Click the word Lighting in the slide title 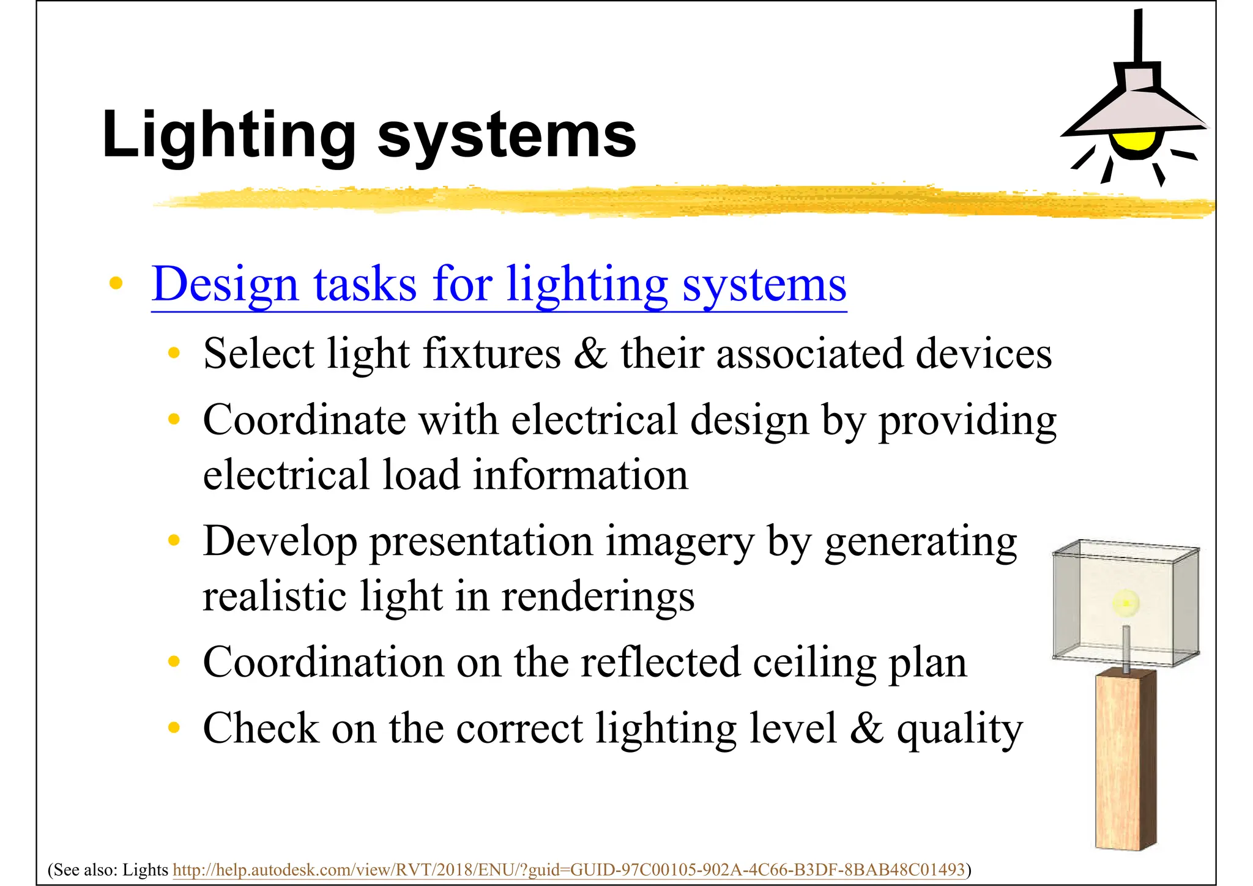[229, 136]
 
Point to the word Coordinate [304, 420]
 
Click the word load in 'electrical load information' [421, 475]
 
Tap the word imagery [679, 542]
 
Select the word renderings [598, 597]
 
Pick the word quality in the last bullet [959, 729]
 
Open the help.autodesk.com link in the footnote [568, 869]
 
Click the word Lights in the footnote [145, 869]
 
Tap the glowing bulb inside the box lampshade [1125, 604]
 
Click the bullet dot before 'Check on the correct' [174, 728]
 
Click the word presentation [480, 542]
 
